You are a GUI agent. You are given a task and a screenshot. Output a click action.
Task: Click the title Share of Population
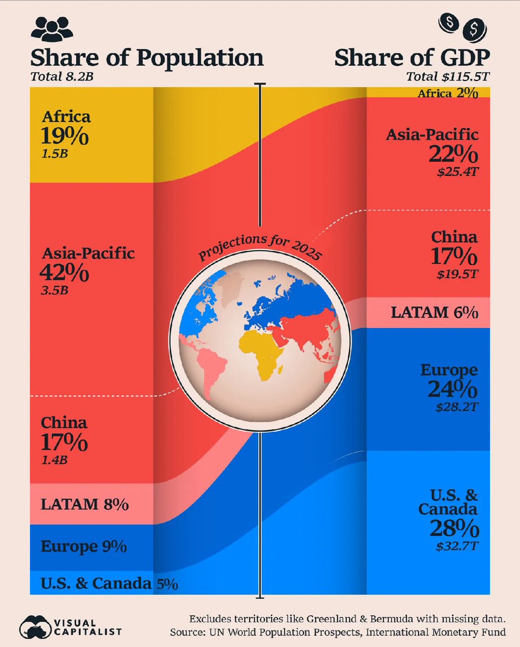click(147, 58)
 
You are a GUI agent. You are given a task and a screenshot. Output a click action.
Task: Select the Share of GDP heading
click(412, 58)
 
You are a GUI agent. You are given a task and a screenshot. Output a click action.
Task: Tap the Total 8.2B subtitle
click(62, 76)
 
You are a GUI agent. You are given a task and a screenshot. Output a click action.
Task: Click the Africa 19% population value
click(65, 136)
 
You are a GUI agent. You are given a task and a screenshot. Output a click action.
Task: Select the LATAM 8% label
click(85, 505)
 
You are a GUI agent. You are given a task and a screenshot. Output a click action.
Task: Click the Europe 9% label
click(84, 546)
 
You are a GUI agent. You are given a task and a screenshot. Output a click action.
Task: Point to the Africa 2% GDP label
click(448, 94)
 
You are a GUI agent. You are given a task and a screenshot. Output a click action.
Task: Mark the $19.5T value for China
click(457, 274)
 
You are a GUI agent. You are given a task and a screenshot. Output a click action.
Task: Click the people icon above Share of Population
click(52, 28)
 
